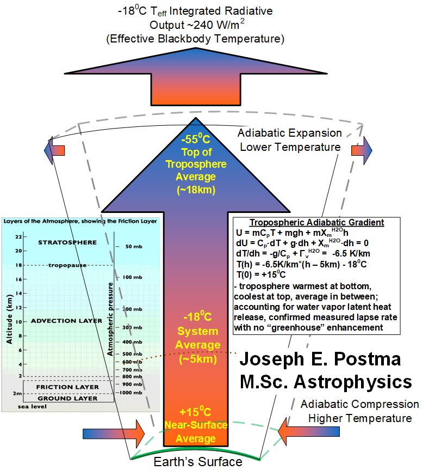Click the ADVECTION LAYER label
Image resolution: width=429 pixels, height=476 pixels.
click(x=67, y=321)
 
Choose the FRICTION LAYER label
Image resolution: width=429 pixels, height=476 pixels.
click(x=67, y=387)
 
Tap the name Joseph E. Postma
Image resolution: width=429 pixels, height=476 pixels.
click(x=320, y=360)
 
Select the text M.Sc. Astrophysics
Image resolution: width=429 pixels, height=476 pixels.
click(x=326, y=382)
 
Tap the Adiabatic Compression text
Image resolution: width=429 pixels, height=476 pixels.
click(x=359, y=405)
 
